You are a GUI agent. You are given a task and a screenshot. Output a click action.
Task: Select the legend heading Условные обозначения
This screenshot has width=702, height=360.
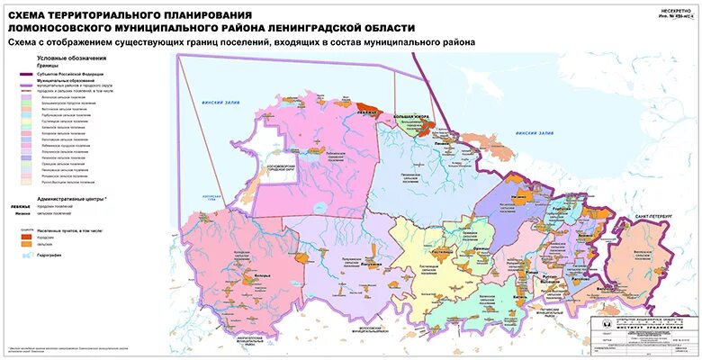(x=67, y=58)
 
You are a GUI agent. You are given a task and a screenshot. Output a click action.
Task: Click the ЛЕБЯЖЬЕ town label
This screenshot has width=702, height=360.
(x=365, y=113)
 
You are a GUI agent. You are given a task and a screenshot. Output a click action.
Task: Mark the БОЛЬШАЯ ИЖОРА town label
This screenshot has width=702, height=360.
(x=414, y=117)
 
